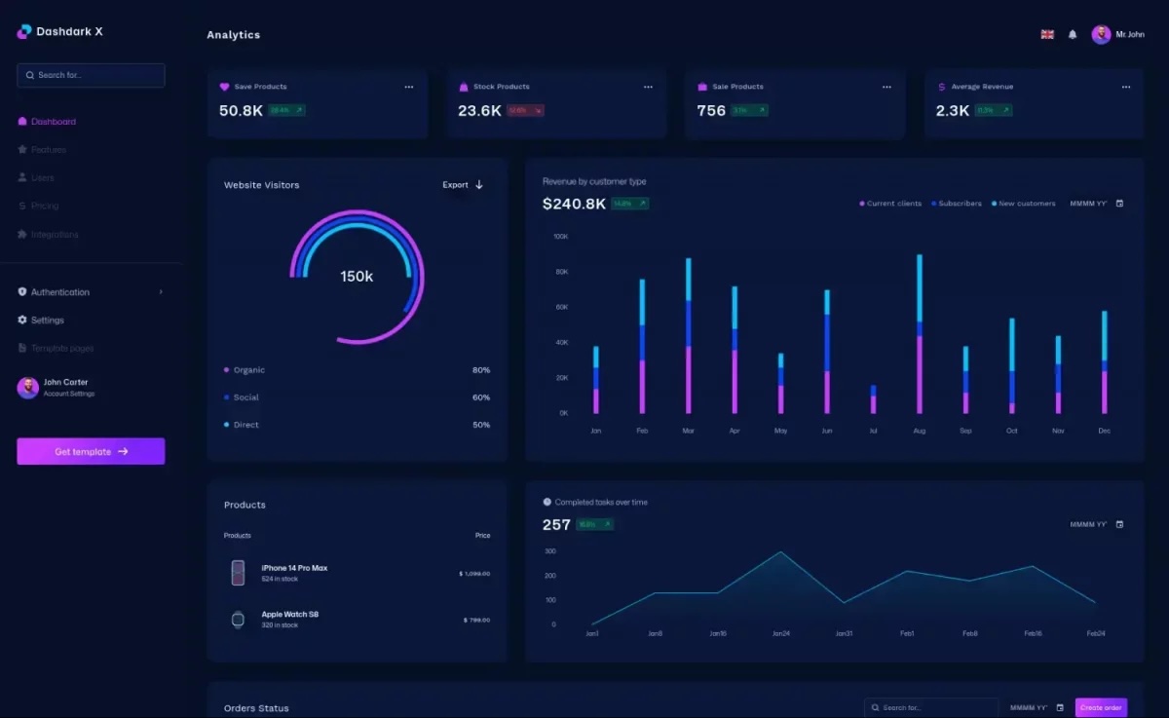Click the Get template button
pos(91,451)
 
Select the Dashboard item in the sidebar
pos(53,122)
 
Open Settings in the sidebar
pos(47,321)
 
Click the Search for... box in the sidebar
pos(91,75)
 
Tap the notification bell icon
pos(1073,34)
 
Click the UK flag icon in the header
pos(1047,34)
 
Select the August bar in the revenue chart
pos(920,334)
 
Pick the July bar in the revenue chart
pos(873,399)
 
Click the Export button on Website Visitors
pos(463,185)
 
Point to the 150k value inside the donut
pos(357,277)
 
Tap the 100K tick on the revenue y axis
pos(560,237)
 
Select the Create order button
pos(1101,707)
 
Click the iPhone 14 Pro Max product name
pos(294,568)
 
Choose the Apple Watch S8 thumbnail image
pos(238,620)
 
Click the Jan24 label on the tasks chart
pos(780,634)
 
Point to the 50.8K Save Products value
pos(241,111)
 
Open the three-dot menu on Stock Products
pos(648,87)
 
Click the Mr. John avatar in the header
pos(1101,34)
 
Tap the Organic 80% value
pos(481,370)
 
